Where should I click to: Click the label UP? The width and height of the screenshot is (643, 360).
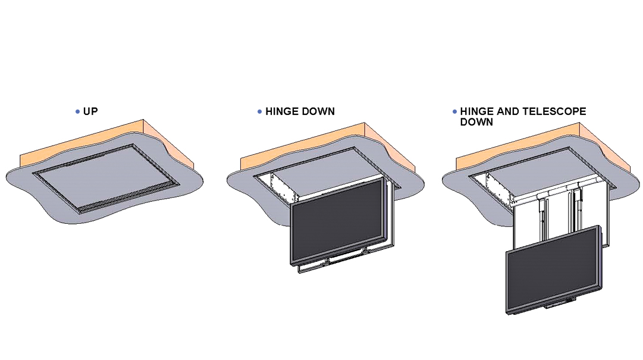tap(90, 111)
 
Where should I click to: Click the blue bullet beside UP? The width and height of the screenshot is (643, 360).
tap(77, 111)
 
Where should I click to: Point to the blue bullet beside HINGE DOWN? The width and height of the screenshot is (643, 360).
tap(259, 111)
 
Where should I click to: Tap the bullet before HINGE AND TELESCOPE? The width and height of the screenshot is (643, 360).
tap(454, 111)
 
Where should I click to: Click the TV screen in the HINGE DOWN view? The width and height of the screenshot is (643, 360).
tap(337, 222)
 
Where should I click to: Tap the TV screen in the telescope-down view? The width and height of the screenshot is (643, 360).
tap(553, 268)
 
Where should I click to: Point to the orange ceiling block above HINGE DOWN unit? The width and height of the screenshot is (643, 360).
tap(328, 143)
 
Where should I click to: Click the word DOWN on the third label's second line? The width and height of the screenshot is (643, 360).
tap(476, 122)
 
